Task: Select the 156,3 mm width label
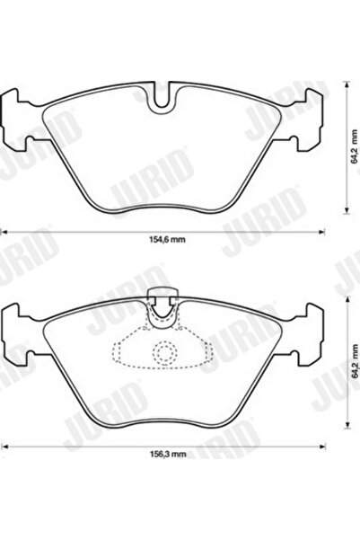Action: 166,455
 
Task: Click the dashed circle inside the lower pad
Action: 162,353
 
